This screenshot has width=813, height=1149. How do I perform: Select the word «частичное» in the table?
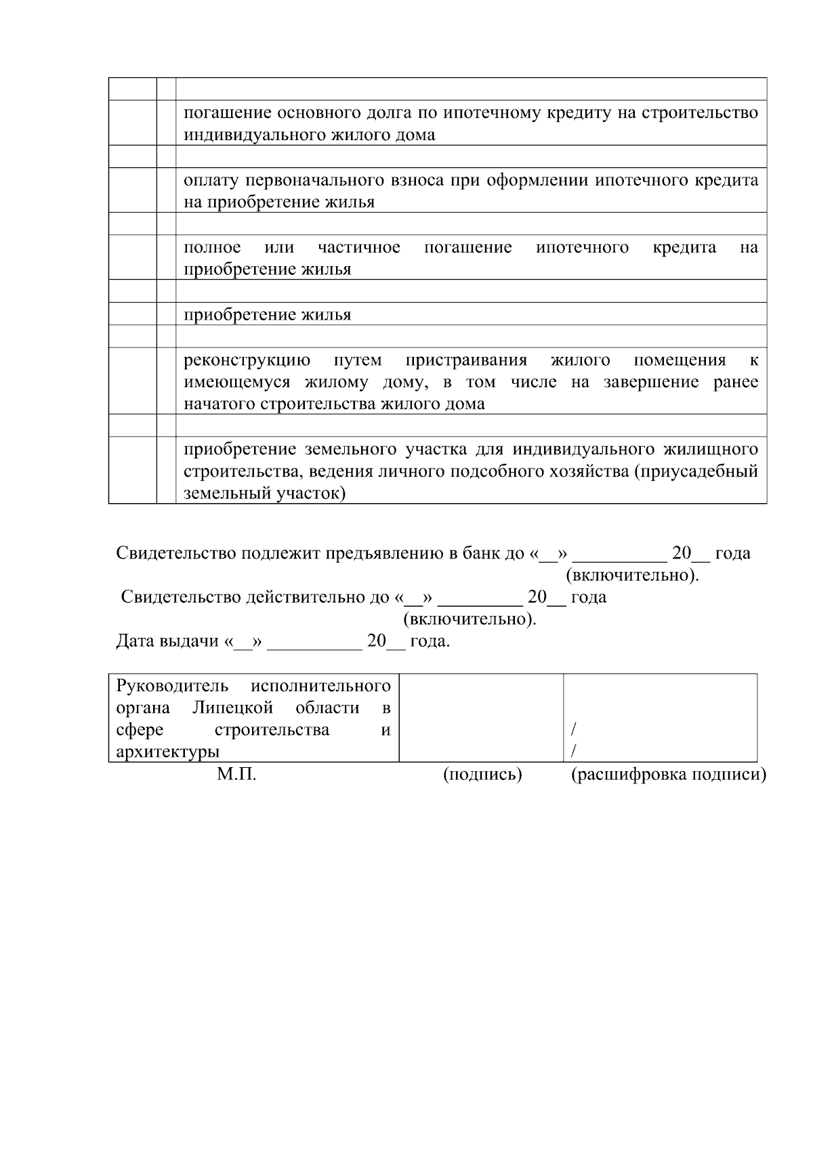coord(358,247)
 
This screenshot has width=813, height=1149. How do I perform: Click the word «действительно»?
coord(308,597)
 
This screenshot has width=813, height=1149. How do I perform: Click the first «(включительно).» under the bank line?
coord(631,576)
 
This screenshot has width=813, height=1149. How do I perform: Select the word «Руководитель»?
coord(172,686)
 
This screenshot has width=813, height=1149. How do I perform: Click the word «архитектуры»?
coord(167,752)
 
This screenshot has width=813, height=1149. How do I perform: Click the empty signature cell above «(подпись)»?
coord(481,718)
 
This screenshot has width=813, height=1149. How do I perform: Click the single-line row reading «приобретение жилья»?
coord(267,315)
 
